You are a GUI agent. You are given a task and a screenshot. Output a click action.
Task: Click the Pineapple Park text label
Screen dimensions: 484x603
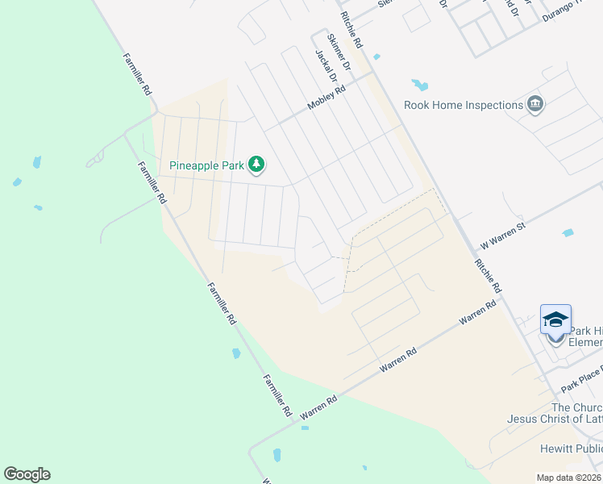click(x=206, y=165)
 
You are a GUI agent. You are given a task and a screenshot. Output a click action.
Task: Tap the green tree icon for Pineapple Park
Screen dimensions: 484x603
click(x=256, y=165)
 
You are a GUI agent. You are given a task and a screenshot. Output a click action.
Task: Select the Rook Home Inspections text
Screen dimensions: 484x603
click(x=464, y=105)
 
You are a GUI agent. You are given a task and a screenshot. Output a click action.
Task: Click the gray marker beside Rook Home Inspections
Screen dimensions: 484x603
click(x=535, y=105)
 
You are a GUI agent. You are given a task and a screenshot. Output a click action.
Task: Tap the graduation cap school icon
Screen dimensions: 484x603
click(x=555, y=319)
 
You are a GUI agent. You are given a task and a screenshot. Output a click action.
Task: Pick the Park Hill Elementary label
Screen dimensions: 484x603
click(x=585, y=336)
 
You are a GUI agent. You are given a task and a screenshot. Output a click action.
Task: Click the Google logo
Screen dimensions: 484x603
click(x=27, y=474)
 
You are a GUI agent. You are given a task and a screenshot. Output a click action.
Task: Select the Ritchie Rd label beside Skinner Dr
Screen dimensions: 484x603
click(x=352, y=29)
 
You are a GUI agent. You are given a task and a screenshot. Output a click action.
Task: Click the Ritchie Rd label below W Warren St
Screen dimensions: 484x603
click(x=488, y=275)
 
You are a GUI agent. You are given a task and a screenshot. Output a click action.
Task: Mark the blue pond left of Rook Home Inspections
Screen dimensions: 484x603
click(x=419, y=84)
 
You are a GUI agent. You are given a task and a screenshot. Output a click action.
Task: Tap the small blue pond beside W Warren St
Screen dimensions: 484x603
click(x=568, y=232)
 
